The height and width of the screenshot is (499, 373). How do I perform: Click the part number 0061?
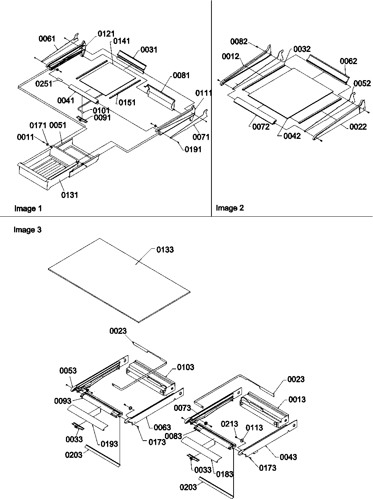pos(47,39)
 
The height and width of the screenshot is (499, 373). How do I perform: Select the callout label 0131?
pos(70,195)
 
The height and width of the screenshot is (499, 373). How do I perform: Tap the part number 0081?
pos(181,76)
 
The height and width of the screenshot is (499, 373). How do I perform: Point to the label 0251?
pos(44,84)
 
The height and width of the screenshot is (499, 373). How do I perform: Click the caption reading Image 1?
pos(28,208)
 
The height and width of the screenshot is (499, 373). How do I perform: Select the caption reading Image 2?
pos(230,208)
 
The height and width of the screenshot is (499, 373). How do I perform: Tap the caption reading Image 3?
pos(27,230)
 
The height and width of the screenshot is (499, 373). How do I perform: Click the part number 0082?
pos(239,42)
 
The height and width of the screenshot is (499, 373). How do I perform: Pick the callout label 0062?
pos(349,61)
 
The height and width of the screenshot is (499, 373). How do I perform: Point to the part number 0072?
pos(261,127)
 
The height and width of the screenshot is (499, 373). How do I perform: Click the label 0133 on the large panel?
pos(165,250)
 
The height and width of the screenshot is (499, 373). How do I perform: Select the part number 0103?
pos(186,367)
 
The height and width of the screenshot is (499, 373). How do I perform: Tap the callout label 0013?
pos(297,399)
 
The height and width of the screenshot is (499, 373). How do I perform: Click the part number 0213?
pos(230,424)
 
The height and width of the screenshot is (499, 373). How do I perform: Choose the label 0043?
pos(288,457)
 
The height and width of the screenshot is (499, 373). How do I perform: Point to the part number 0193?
pos(109,444)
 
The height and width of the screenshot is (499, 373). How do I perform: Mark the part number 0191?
pos(193,150)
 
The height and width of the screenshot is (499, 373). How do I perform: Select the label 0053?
pos(68,370)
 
